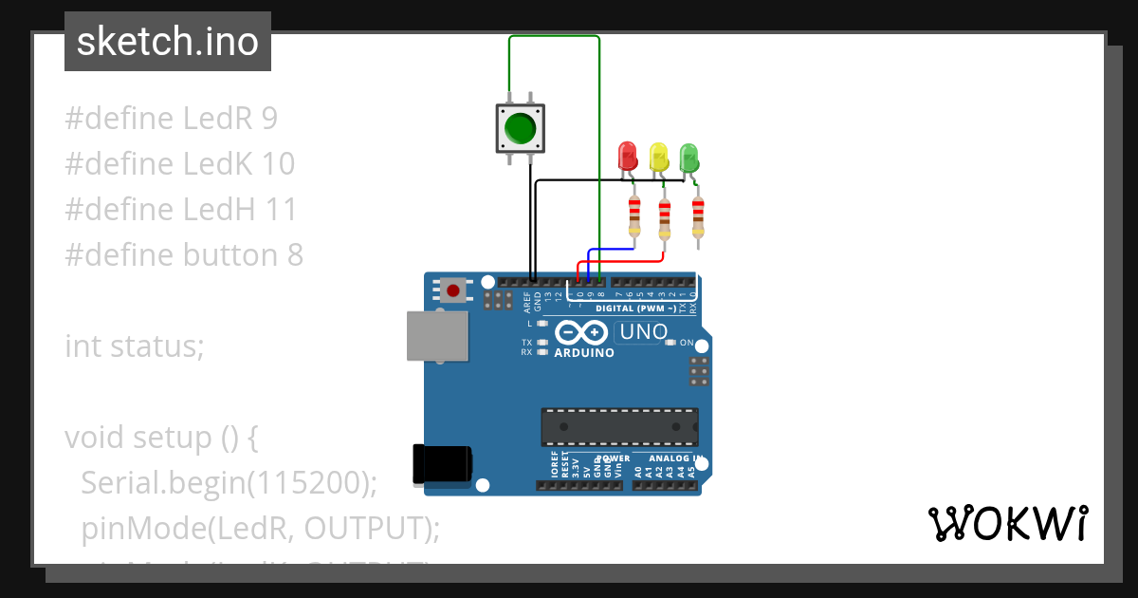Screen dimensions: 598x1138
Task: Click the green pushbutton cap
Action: pyautogui.click(x=520, y=127)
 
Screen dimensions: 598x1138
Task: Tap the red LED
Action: pyautogui.click(x=627, y=157)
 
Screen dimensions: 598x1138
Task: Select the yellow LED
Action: pyautogui.click(x=658, y=157)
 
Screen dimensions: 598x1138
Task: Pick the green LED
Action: pyautogui.click(x=689, y=157)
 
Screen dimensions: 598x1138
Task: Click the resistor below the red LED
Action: pyautogui.click(x=634, y=216)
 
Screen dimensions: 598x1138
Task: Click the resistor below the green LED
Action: pyautogui.click(x=698, y=218)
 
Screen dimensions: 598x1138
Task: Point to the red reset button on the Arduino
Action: pyautogui.click(x=453, y=290)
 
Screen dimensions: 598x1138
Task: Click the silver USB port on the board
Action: pyautogui.click(x=436, y=337)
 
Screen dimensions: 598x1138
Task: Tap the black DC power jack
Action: pyautogui.click(x=441, y=464)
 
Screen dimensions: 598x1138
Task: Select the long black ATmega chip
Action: pyautogui.click(x=619, y=427)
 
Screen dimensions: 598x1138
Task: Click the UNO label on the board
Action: pyautogui.click(x=644, y=332)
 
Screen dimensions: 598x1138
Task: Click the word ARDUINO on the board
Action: pyautogui.click(x=584, y=353)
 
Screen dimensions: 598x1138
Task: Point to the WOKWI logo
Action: pyautogui.click(x=1007, y=523)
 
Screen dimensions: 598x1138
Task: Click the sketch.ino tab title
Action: pyautogui.click(x=168, y=42)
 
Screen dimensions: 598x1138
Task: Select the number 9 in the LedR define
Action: pyautogui.click(x=269, y=119)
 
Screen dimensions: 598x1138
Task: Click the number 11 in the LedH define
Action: pyautogui.click(x=282, y=210)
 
